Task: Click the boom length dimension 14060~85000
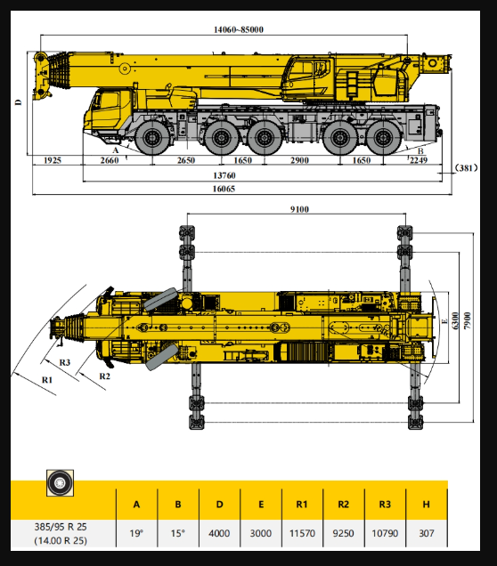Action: pyautogui.click(x=239, y=29)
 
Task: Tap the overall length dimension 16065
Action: pyautogui.click(x=224, y=189)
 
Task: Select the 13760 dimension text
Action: pyautogui.click(x=224, y=175)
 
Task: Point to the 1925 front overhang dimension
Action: pyautogui.click(x=53, y=160)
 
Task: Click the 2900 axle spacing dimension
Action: pyautogui.click(x=300, y=160)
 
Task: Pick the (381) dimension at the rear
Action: pyautogui.click(x=466, y=168)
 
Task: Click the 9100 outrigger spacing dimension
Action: pyautogui.click(x=300, y=209)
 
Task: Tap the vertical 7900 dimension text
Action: pyautogui.click(x=468, y=320)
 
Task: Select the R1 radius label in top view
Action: pyautogui.click(x=47, y=380)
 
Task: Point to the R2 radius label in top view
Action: pyautogui.click(x=105, y=376)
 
